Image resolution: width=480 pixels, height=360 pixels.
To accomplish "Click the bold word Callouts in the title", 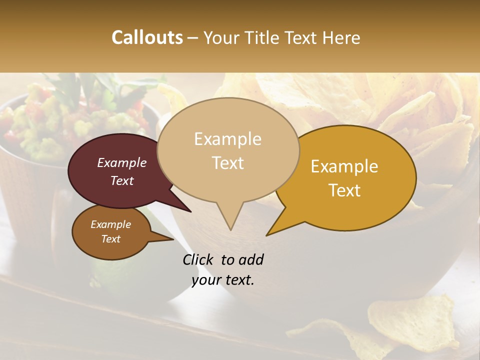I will tap(147, 37).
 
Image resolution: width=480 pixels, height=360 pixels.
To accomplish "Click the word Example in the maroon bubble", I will tap(121, 162).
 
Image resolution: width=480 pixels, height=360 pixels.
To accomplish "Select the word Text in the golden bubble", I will tap(344, 190).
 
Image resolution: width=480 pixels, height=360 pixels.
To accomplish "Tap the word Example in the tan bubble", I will tap(227, 139).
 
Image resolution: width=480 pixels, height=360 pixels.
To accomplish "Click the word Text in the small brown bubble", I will tap(110, 239).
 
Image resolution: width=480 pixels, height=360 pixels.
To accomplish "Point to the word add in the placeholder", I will tap(251, 259).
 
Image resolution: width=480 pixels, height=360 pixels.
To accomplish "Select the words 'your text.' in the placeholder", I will tap(222, 280).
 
